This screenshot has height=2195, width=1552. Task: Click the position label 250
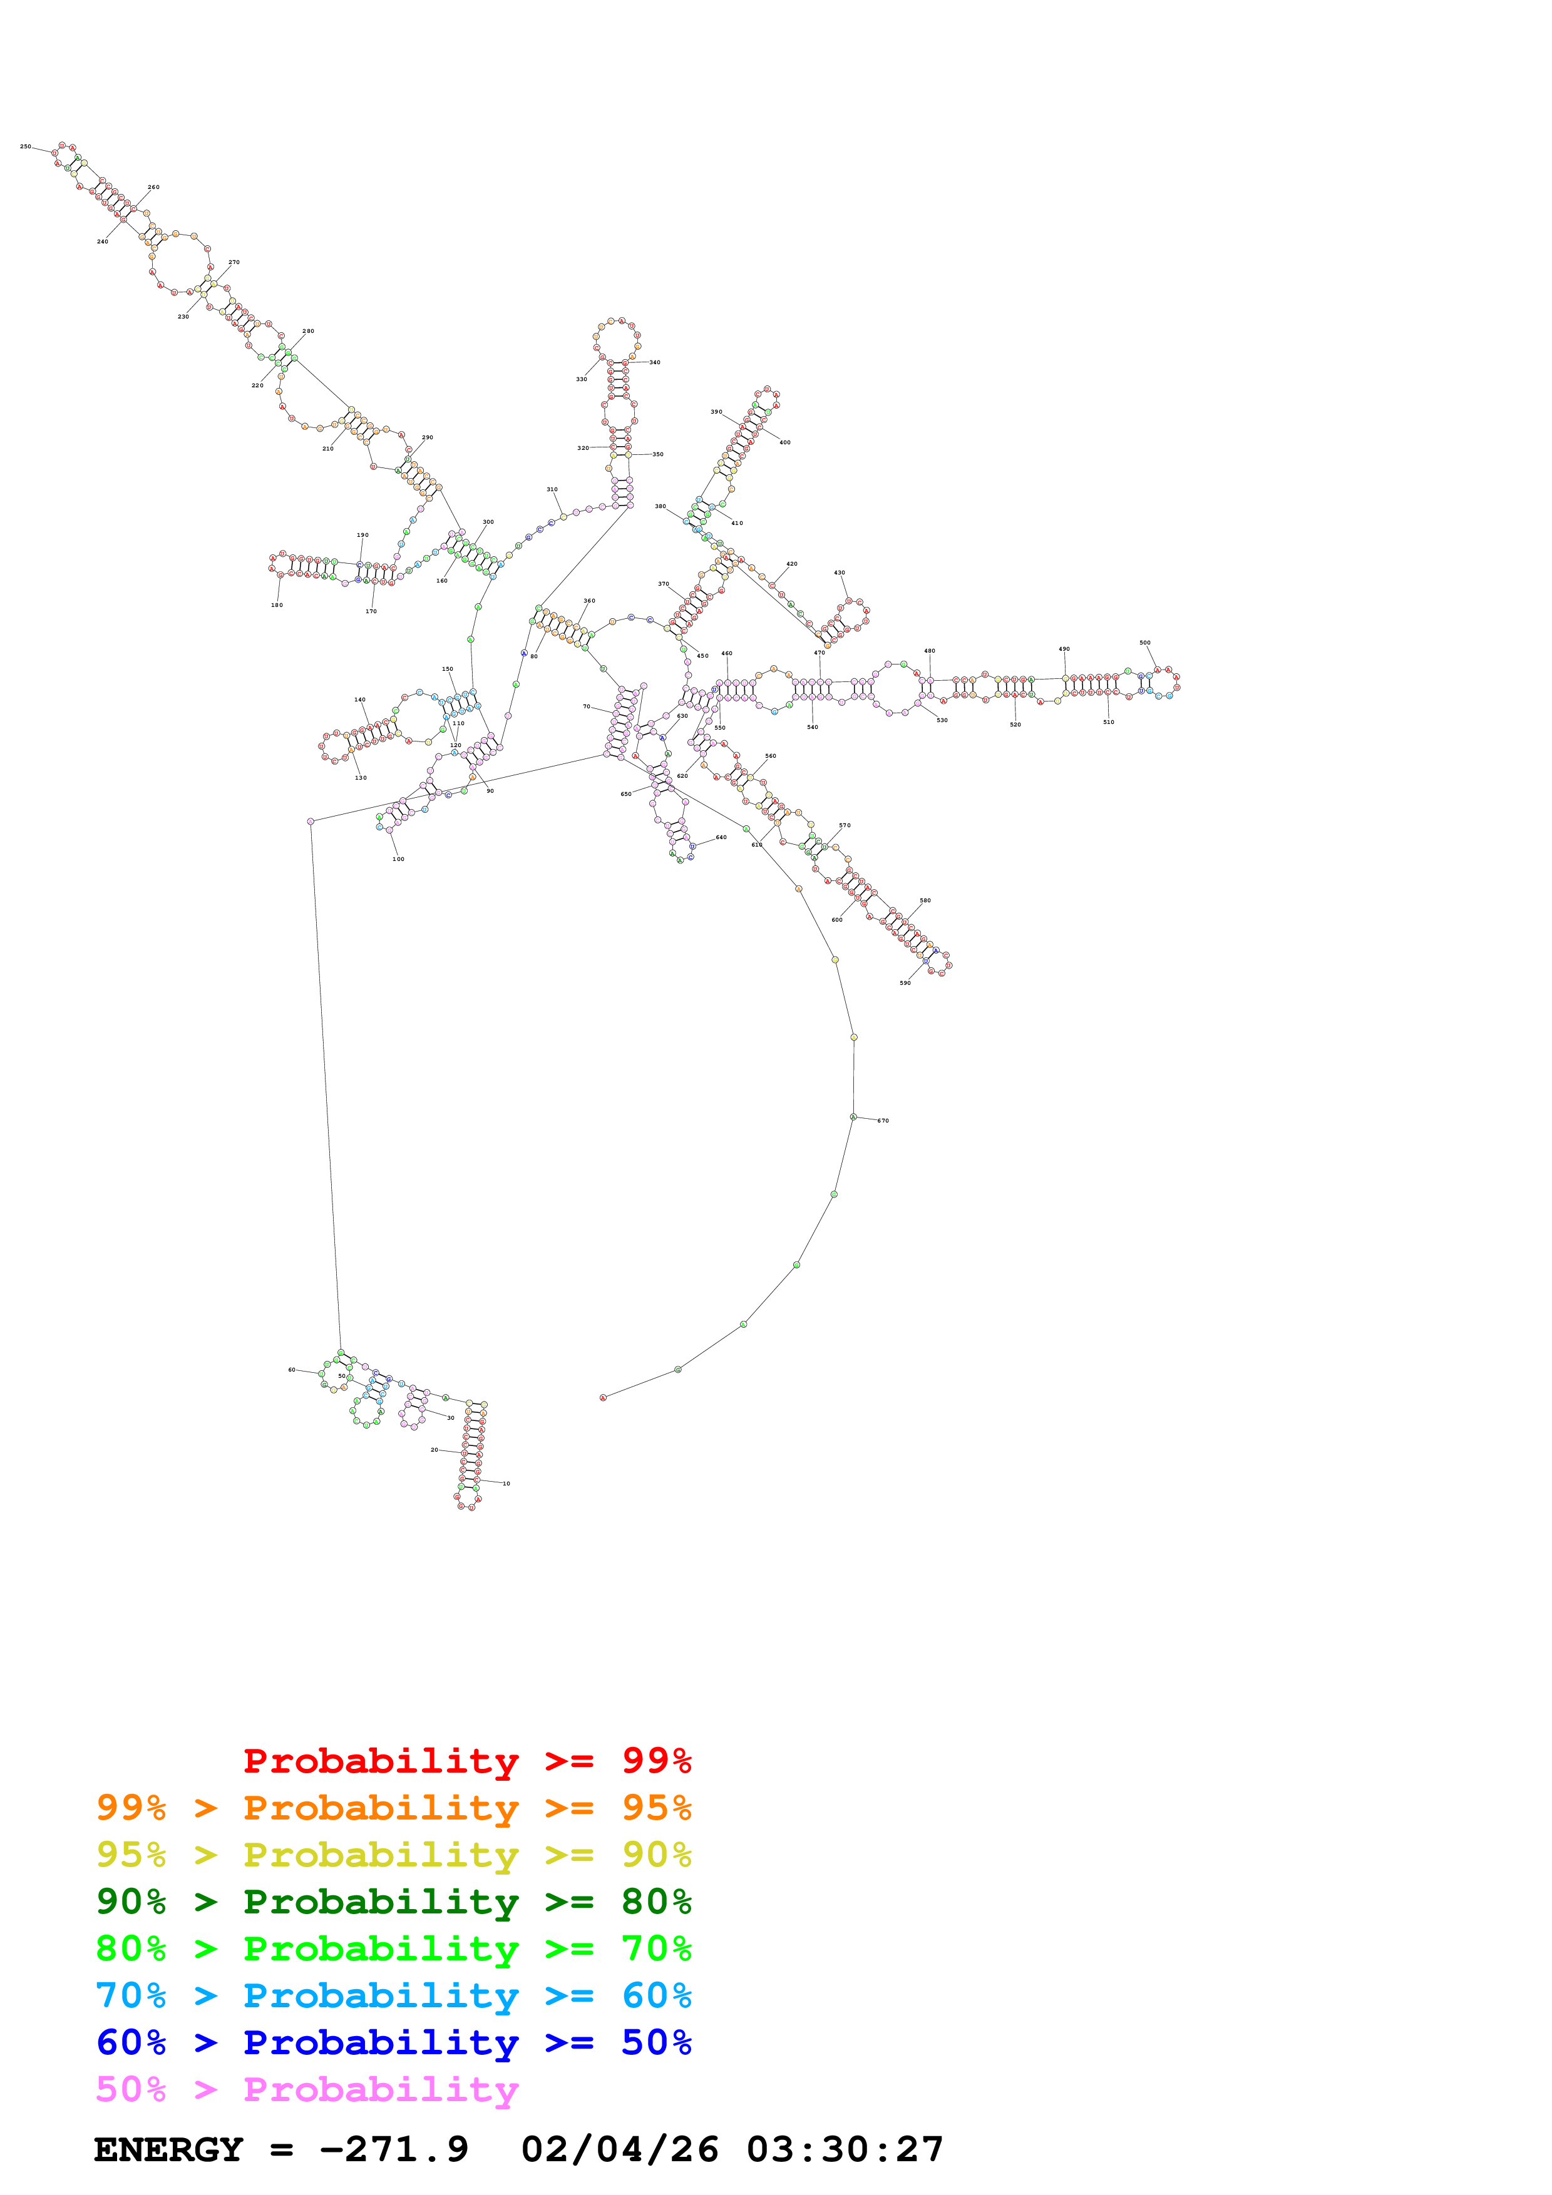(x=25, y=147)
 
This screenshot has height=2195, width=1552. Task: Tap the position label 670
(x=883, y=1121)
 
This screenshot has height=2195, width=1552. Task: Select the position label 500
(x=1144, y=643)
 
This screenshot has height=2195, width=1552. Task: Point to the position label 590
(x=905, y=983)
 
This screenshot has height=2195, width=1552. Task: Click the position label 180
(x=276, y=605)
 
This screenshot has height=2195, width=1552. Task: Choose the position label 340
(x=654, y=362)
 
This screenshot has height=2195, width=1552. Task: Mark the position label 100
(x=398, y=860)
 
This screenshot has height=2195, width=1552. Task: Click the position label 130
(x=361, y=778)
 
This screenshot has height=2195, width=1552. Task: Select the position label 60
(x=292, y=1370)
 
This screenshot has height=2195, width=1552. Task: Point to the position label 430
(x=839, y=573)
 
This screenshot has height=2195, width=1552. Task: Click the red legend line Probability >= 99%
(x=466, y=1761)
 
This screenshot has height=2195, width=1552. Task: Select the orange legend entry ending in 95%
(x=394, y=1808)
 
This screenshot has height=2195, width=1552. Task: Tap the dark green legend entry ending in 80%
(x=394, y=1902)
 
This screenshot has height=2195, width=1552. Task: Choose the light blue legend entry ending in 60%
(x=394, y=1995)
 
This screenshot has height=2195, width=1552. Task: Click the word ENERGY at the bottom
(x=168, y=2150)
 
